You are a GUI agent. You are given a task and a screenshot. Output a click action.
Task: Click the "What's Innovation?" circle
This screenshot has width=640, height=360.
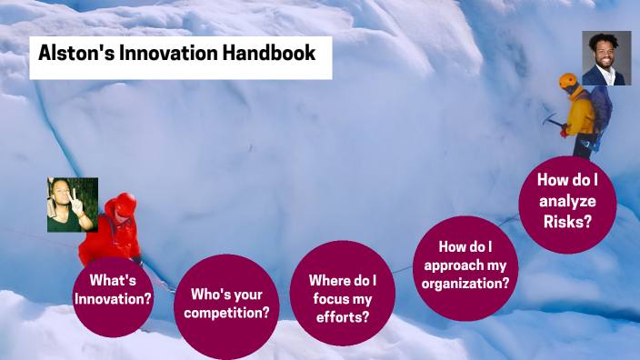pyautogui.click(x=113, y=289)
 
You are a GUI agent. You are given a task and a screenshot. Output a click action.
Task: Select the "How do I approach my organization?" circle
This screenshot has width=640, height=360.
pyautogui.click(x=465, y=267)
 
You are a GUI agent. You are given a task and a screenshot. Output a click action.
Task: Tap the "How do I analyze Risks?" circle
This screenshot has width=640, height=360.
pyautogui.click(x=567, y=205)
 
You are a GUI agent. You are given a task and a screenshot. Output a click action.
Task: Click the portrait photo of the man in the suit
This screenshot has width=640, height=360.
pyautogui.click(x=606, y=58)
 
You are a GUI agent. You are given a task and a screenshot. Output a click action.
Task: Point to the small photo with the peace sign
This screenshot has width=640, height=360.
pyautogui.click(x=73, y=205)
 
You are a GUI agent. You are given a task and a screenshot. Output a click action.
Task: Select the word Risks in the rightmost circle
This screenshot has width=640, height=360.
pyautogui.click(x=567, y=221)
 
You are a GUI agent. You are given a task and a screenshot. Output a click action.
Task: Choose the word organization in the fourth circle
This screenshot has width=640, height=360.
pyautogui.click(x=465, y=283)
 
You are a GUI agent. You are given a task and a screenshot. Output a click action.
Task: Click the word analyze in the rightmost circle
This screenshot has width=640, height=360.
pyautogui.click(x=567, y=202)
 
